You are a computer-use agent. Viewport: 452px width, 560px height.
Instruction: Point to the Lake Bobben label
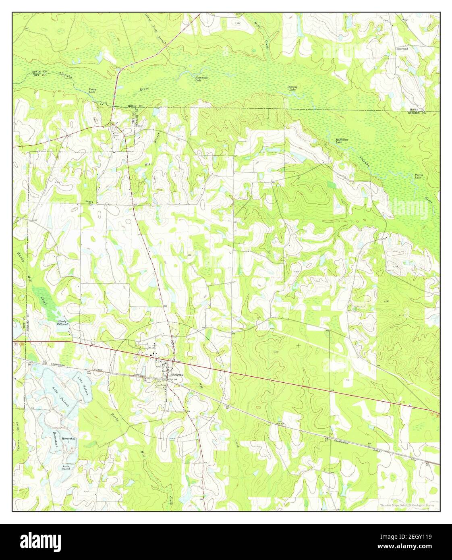click(x=83, y=385)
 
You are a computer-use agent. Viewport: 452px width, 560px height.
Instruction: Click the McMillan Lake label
click(x=342, y=141)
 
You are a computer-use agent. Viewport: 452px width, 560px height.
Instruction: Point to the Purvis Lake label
click(x=419, y=176)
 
